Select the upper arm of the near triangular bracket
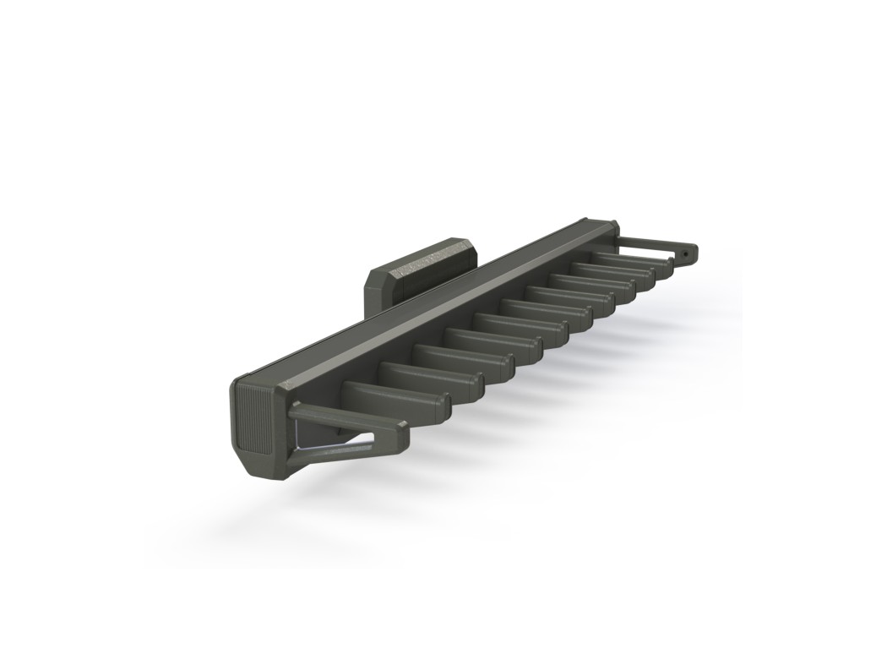point(338,417)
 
